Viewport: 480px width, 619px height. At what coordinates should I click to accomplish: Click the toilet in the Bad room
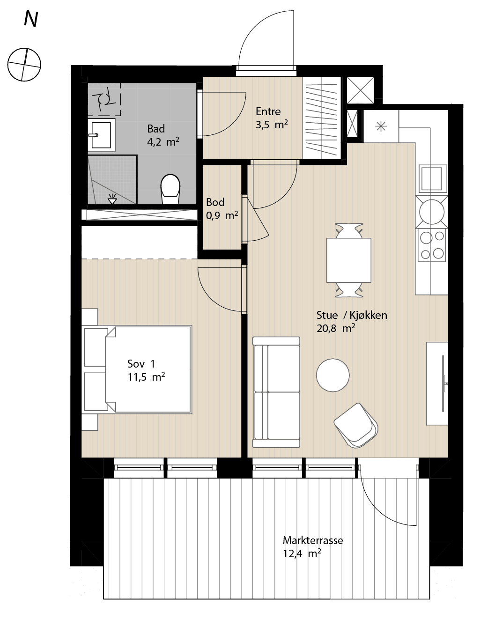pos(170,189)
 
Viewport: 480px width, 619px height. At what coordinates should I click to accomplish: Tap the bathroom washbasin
pos(101,135)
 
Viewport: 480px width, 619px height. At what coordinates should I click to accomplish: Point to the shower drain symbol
pos(112,199)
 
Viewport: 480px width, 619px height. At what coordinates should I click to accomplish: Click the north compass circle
pos(24,65)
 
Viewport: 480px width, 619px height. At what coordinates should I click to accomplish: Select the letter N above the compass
pos(31,19)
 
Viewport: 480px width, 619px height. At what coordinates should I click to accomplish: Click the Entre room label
pos(268,111)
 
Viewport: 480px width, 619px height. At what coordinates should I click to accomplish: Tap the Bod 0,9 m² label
pos(222,209)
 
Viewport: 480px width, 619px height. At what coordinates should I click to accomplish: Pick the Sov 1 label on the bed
pos(141,364)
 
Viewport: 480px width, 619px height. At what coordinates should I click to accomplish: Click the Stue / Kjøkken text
pos(352,315)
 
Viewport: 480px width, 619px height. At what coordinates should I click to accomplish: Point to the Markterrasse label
pos(313,540)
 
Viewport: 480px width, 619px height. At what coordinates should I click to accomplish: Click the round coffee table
pos(333,375)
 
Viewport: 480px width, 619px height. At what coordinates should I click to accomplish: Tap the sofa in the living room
pos(276,392)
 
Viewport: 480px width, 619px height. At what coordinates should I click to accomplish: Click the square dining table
pos(349,260)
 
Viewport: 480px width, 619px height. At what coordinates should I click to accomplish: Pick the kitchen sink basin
pos(431,178)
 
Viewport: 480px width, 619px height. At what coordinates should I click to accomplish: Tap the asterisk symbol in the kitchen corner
pos(381,126)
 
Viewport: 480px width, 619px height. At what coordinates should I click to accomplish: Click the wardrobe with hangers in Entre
pos(321,118)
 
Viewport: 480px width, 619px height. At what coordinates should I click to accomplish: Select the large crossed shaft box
pos(361,90)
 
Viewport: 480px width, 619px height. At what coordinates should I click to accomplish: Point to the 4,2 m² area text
pos(163,141)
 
